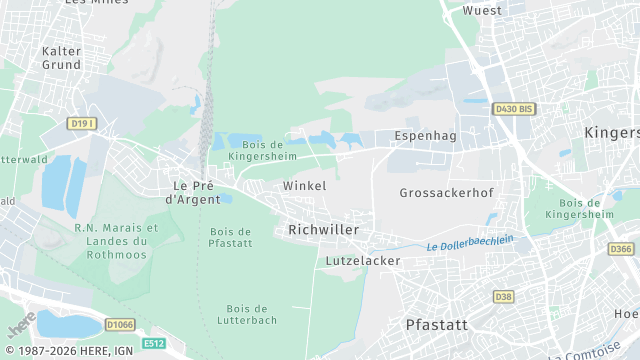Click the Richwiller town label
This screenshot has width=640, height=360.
click(323, 230)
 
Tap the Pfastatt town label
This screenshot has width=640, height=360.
click(437, 325)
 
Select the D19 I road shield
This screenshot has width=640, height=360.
click(82, 123)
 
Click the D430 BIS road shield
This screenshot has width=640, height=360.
click(513, 108)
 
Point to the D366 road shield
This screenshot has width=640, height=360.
click(621, 249)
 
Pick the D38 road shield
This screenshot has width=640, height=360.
click(503, 297)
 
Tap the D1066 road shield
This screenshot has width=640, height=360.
click(120, 324)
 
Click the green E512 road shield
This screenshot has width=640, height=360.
click(153, 343)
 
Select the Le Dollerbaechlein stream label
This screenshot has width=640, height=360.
click(469, 242)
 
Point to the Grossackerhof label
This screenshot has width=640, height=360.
click(446, 192)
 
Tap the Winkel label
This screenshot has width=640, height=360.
click(305, 186)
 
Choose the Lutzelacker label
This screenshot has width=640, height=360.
click(363, 261)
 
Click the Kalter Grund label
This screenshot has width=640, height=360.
click(61, 57)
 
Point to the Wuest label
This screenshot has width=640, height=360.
click(482, 10)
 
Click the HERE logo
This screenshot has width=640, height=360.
click(20, 325)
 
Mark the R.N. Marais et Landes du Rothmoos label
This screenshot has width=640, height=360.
click(116, 240)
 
